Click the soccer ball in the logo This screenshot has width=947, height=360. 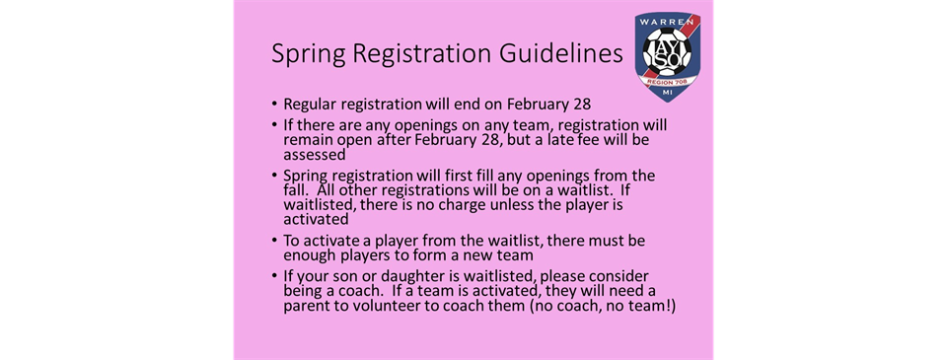pyautogui.click(x=668, y=53)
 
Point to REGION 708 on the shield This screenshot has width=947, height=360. pyautogui.click(x=668, y=80)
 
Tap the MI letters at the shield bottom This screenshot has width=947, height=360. pyautogui.click(x=668, y=93)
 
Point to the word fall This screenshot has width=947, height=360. pyautogui.click(x=297, y=189)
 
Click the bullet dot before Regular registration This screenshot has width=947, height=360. pyautogui.click(x=275, y=105)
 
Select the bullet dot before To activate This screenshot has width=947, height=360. pyautogui.click(x=275, y=241)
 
